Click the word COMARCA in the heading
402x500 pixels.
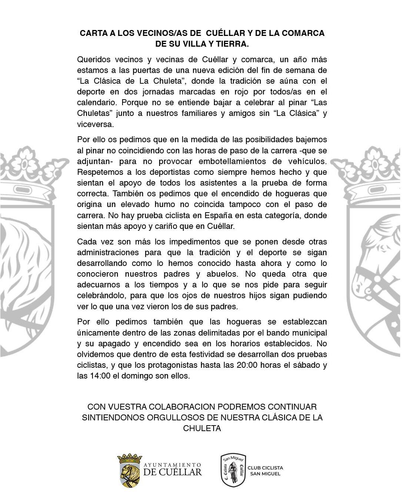click(303, 33)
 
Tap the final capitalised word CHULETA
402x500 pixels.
click(202, 428)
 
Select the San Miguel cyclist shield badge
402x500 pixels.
click(233, 470)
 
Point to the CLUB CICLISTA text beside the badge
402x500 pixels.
click(265, 468)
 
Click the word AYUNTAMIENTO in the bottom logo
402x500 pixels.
click(172, 465)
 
